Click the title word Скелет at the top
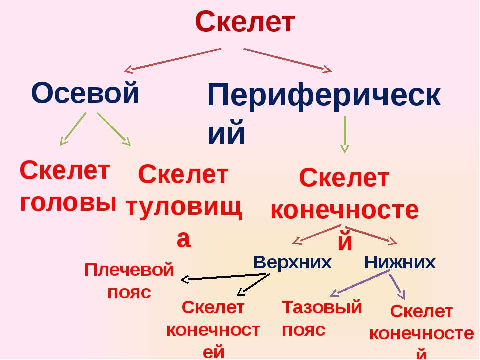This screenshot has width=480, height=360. [x=245, y=21]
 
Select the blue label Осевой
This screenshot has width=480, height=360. [x=85, y=93]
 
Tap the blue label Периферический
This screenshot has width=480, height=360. [x=324, y=114]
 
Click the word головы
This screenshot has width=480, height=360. [x=68, y=202]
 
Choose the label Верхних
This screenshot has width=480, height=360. [x=292, y=262]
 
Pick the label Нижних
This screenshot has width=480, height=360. [x=400, y=262]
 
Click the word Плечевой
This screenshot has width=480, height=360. [x=129, y=270]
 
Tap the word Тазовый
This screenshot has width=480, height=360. [x=322, y=307]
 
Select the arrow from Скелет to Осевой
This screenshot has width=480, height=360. [x=172, y=60]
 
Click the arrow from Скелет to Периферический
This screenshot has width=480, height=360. [x=288, y=60]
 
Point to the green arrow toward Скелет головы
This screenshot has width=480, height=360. [x=73, y=129]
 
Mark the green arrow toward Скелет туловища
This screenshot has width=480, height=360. [x=114, y=129]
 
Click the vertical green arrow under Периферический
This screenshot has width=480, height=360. [x=345, y=134]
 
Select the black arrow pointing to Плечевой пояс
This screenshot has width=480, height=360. [x=225, y=277]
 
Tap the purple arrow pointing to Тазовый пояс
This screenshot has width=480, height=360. [x=360, y=284]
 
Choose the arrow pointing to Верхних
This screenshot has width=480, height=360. [x=317, y=235]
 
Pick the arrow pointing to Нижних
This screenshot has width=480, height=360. [x=371, y=235]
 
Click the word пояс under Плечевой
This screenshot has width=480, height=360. [x=129, y=293]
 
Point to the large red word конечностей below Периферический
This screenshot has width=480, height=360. [x=345, y=223]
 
